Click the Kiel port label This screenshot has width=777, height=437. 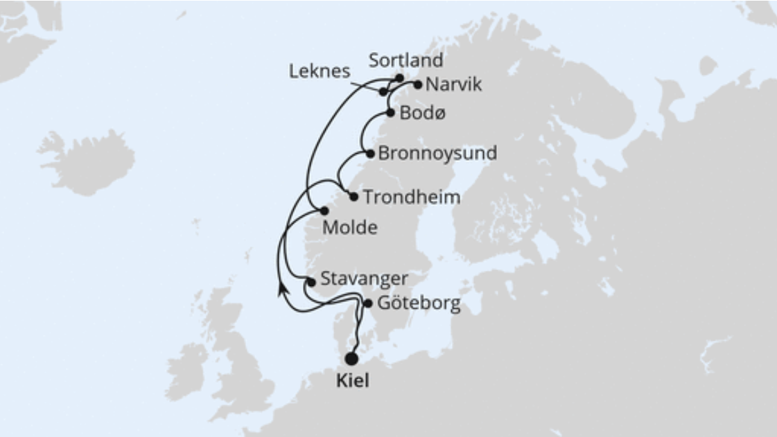[x=352, y=380]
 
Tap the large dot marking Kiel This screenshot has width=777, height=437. [x=351, y=359]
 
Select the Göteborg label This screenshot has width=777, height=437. [x=419, y=304]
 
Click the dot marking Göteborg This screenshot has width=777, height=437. [x=368, y=303]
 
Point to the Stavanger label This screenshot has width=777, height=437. [x=364, y=280]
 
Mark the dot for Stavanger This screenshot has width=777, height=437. [x=311, y=282]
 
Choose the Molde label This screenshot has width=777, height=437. [x=351, y=228]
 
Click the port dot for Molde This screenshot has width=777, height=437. [x=324, y=211]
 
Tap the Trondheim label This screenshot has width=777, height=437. [x=412, y=197]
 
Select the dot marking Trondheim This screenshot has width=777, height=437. [x=353, y=197]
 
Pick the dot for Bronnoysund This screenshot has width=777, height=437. [x=370, y=154]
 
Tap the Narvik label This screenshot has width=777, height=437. [x=453, y=86]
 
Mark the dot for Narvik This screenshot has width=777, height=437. [x=417, y=85]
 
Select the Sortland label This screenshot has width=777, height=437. [x=405, y=60]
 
